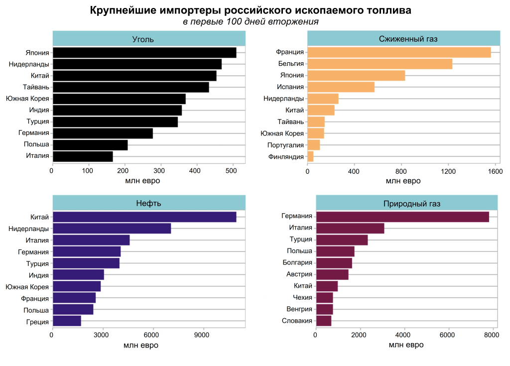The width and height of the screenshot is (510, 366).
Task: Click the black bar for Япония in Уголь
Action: (x=144, y=53)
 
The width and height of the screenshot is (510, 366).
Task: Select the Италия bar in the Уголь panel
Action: (x=83, y=156)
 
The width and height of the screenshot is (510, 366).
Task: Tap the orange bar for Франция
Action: (x=399, y=53)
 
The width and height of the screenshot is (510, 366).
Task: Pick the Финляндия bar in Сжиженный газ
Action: (x=311, y=156)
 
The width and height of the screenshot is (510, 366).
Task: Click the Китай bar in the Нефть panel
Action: (x=144, y=217)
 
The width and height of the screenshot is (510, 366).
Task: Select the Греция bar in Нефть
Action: (x=67, y=321)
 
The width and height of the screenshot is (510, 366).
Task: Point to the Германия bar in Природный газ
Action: (x=402, y=217)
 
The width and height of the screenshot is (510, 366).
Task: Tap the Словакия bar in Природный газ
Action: (x=324, y=321)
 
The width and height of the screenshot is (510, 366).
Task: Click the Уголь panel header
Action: (x=149, y=39)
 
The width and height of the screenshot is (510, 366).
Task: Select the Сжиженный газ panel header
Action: (x=404, y=39)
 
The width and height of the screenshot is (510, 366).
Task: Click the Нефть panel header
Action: (x=149, y=203)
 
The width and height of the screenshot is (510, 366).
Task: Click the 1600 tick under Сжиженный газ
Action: (x=496, y=172)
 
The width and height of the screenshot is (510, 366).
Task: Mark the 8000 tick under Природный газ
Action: (x=492, y=336)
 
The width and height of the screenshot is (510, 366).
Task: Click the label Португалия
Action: (x=286, y=145)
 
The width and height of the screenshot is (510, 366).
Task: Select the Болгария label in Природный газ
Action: (x=297, y=263)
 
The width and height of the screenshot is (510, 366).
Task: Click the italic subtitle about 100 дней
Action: (x=250, y=22)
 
